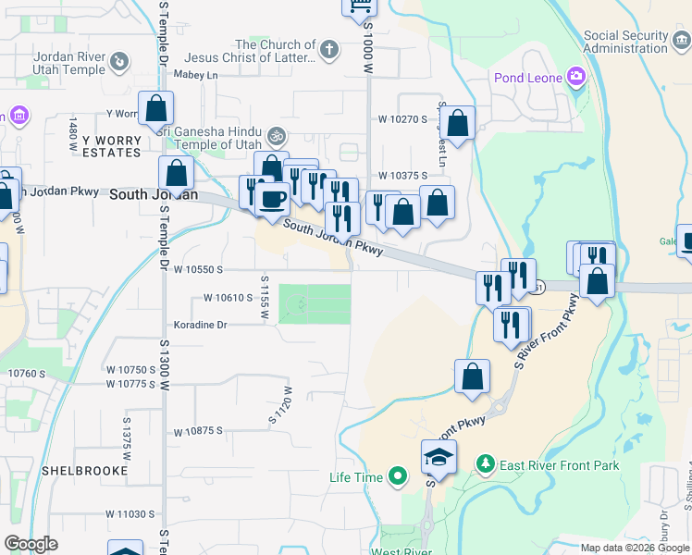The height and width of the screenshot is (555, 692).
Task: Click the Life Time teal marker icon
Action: point(399,477)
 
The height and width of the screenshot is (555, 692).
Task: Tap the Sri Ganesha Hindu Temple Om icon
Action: point(274,136)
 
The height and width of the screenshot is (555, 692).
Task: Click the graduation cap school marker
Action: point(439,455)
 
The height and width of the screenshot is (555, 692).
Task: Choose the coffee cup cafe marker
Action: point(272,197)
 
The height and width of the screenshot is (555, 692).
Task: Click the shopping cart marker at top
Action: point(360,6)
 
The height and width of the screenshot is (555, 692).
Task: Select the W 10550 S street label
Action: point(198,269)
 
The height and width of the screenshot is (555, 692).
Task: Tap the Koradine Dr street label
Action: point(200,325)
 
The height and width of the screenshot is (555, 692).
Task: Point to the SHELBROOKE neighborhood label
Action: point(78,470)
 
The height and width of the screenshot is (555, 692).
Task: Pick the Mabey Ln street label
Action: point(194,75)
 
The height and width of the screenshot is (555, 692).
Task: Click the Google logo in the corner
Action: point(31,544)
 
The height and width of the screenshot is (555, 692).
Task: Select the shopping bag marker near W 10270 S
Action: point(457,122)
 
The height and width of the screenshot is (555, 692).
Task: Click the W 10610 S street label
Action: point(228,298)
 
